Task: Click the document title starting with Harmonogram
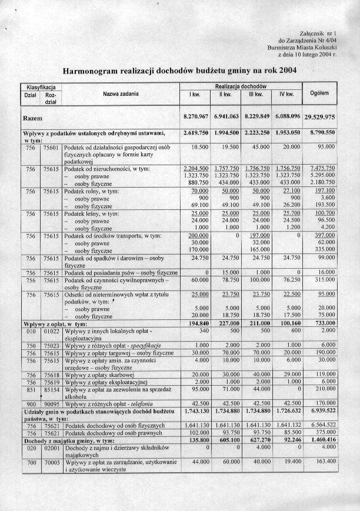(180, 71)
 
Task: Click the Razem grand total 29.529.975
(328, 117)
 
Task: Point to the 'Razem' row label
(32, 118)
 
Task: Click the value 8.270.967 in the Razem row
(196, 116)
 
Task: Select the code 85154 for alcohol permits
(52, 389)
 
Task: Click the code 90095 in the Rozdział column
(52, 403)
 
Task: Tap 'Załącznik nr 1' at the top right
(318, 35)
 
